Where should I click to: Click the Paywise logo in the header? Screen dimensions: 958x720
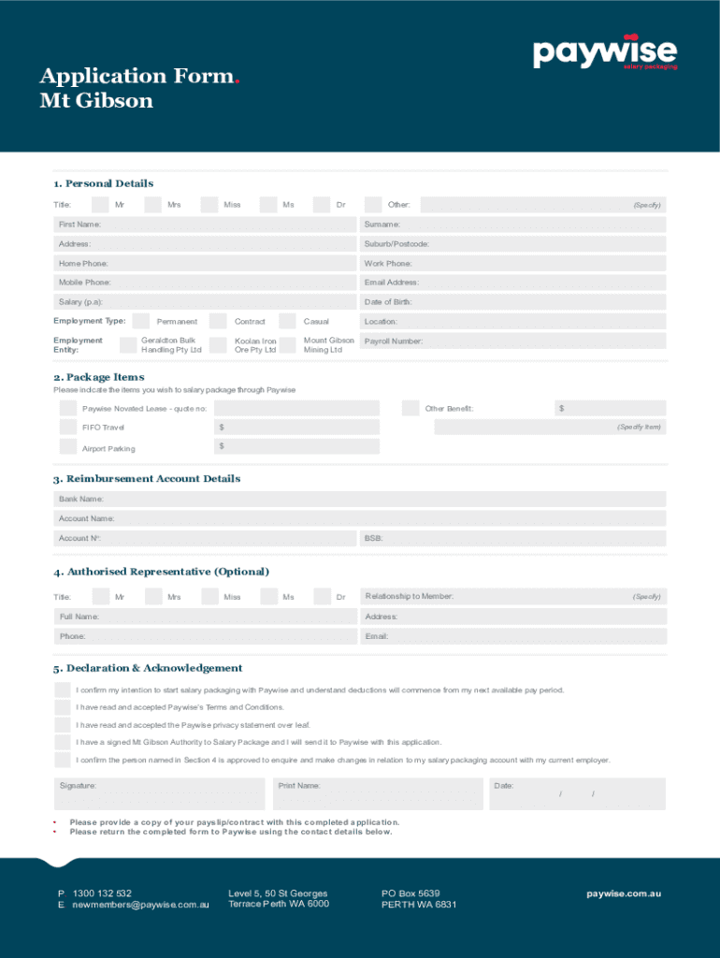click(x=605, y=52)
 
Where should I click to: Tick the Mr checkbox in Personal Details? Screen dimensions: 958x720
click(x=99, y=204)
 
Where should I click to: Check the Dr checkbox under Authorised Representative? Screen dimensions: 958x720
click(x=322, y=597)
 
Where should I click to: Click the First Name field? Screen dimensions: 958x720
click(x=206, y=225)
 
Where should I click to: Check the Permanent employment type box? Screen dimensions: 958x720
click(x=141, y=321)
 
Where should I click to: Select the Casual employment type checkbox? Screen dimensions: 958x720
click(x=287, y=321)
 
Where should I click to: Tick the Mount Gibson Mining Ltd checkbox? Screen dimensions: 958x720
click(x=287, y=344)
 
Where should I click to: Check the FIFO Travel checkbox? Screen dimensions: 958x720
click(x=68, y=428)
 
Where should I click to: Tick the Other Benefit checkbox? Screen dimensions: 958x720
click(x=410, y=408)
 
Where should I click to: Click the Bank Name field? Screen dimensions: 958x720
click(x=360, y=500)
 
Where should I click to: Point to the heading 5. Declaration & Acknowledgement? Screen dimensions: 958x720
click(x=148, y=668)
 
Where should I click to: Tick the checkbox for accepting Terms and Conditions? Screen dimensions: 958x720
click(x=63, y=707)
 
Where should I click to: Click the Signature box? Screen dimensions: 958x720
click(x=160, y=794)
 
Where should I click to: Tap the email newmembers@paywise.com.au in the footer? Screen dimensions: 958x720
click(x=140, y=906)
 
